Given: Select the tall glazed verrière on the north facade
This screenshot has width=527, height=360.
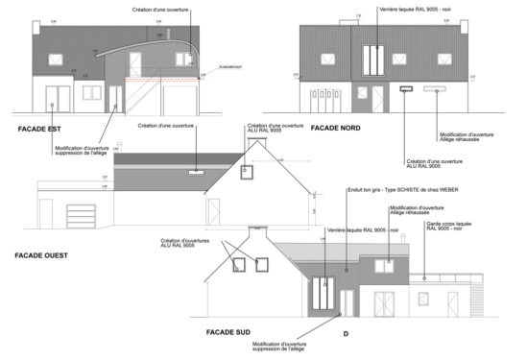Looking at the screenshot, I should (x=376, y=61).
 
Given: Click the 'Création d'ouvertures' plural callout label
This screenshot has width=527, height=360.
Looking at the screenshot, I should (x=180, y=243).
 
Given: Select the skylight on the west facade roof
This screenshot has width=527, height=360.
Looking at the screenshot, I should (x=196, y=172).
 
